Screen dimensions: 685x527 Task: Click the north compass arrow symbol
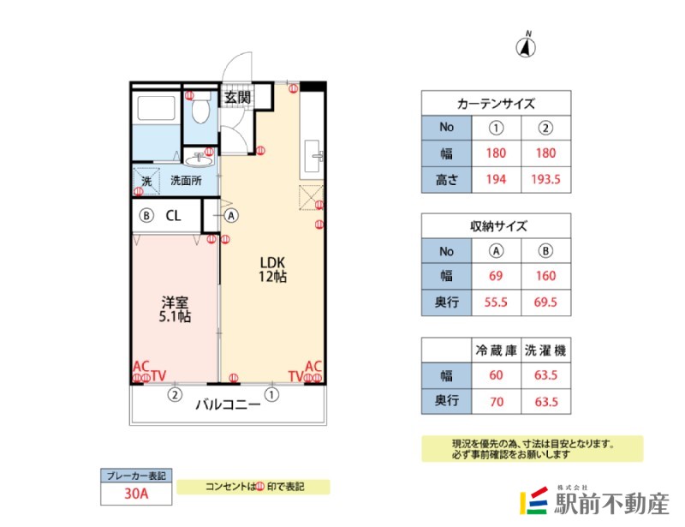tap(526, 46)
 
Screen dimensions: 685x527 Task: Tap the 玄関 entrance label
tap(237, 97)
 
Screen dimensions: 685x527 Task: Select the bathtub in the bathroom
tap(157, 108)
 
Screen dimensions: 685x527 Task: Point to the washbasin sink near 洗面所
tap(199, 159)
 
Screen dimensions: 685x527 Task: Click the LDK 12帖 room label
tap(272, 269)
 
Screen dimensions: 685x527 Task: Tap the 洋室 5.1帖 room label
tap(175, 309)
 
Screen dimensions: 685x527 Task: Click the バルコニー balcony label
tap(228, 404)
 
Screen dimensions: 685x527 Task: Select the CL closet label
tap(173, 216)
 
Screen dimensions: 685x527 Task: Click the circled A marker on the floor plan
tap(231, 216)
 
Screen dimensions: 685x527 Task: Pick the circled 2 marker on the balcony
tap(175, 395)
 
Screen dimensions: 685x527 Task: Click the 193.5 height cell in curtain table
tap(545, 179)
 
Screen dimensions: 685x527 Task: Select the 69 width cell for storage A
tap(496, 276)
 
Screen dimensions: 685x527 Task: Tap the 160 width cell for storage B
tap(545, 276)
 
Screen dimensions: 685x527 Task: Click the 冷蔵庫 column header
tap(496, 350)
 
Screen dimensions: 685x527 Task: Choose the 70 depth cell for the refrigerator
tap(497, 402)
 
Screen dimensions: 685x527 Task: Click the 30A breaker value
tap(136, 494)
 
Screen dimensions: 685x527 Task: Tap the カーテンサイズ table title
tap(496, 104)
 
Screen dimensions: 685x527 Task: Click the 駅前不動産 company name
tap(611, 504)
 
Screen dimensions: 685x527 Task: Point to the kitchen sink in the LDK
tap(313, 156)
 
